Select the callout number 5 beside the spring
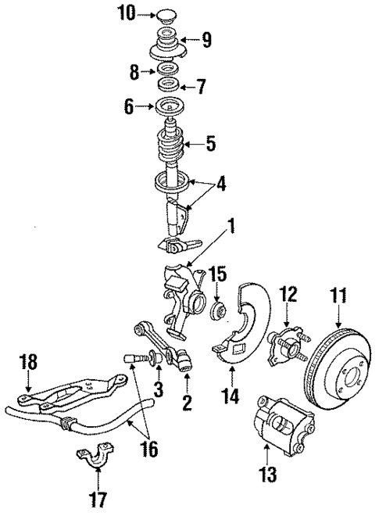(x=210, y=144)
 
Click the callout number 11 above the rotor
(x=338, y=296)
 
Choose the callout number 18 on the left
(x=27, y=364)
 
